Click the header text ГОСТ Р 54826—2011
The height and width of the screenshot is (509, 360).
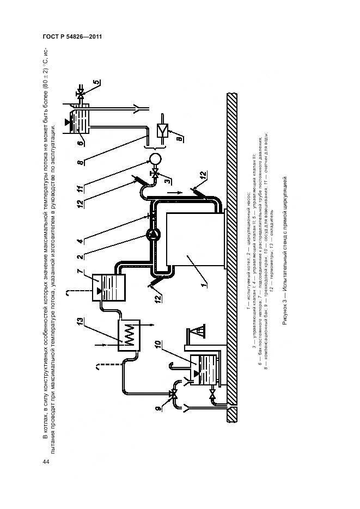pos(72,37)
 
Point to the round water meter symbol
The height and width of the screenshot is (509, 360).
pos(154,158)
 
